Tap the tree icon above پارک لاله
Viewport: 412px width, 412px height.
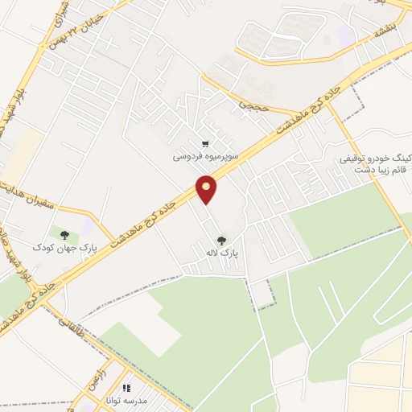pyautogui.click(x=220, y=239)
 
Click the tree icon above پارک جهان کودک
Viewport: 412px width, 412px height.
pyautogui.click(x=64, y=234)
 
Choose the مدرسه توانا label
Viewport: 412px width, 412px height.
pyautogui.click(x=128, y=400)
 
